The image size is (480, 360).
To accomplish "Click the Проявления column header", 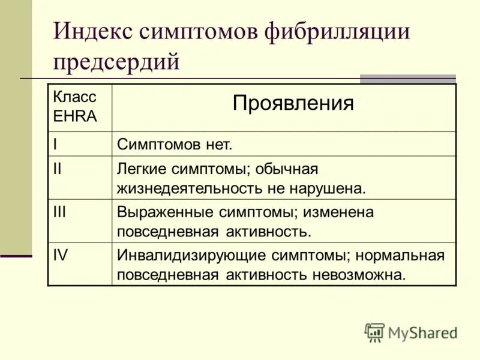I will (x=293, y=103).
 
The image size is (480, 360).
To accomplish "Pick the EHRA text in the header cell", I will (x=75, y=116).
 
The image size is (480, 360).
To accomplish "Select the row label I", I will (x=55, y=144).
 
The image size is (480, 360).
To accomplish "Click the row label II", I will (x=58, y=169).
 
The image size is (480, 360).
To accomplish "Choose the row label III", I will (x=59, y=212).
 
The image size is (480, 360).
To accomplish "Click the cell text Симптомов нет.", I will (x=175, y=145).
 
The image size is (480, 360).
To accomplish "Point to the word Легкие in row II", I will (x=140, y=170).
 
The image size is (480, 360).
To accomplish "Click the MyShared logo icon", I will (x=374, y=332).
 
